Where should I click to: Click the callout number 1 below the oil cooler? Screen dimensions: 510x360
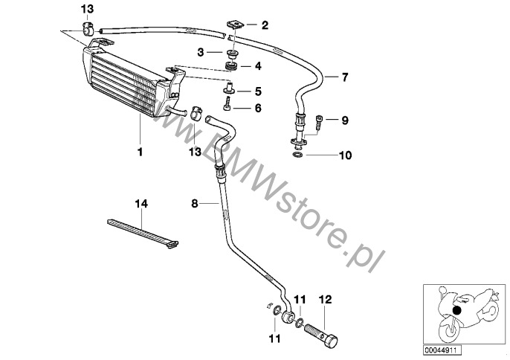click(141, 152)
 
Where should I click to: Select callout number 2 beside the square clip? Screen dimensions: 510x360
click(265, 25)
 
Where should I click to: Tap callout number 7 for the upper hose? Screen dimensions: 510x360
click(345, 77)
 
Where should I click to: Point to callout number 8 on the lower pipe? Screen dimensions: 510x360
click(195, 204)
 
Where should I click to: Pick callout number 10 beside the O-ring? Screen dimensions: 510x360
click(346, 155)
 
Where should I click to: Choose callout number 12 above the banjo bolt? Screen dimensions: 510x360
click(326, 300)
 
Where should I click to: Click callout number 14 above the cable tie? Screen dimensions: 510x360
click(141, 204)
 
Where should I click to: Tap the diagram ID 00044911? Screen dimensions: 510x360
click(442, 350)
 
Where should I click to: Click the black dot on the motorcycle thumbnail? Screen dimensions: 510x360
click(457, 310)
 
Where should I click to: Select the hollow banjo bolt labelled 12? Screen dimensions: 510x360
click(321, 332)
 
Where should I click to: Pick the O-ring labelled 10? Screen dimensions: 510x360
click(297, 155)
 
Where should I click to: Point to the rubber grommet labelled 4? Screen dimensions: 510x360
click(231, 67)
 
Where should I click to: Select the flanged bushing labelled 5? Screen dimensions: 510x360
click(230, 88)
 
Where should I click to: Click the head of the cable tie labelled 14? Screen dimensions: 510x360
click(172, 245)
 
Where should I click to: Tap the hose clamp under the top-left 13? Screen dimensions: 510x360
click(87, 29)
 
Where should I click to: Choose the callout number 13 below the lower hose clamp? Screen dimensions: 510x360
click(196, 151)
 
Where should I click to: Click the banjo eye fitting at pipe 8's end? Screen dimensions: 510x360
click(288, 317)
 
